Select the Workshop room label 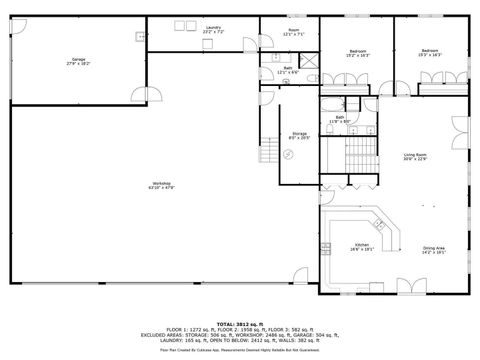pos(161,185)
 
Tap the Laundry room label pos(214,30)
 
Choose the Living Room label pos(415,156)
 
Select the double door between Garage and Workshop pos(150,95)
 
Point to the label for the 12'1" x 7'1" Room pos(294,32)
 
